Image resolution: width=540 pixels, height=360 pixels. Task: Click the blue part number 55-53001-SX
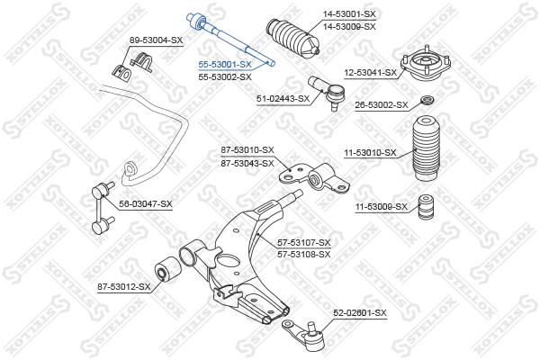point(225,65)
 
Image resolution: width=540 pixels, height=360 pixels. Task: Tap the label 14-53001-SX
point(349,14)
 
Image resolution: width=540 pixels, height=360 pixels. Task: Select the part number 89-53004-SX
point(156,40)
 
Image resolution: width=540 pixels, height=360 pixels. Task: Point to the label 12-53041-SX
point(371,73)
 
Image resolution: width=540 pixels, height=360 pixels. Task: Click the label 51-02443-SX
point(283,99)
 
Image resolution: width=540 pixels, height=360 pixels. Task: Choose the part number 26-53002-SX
point(382,104)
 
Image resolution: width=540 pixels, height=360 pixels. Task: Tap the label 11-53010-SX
point(371,153)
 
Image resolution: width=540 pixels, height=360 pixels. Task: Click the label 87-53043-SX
point(247,163)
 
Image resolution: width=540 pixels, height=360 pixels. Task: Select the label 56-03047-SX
point(146,204)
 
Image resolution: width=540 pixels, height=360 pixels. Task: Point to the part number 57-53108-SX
point(304,255)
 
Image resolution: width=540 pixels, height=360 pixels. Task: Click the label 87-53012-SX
point(124,286)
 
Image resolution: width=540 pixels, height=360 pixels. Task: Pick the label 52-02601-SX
point(360,313)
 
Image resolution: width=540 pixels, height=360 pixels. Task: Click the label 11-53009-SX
point(382,207)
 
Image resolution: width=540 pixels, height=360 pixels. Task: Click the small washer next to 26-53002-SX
point(427,100)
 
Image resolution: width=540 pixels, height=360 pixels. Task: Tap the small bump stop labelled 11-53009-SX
point(426,207)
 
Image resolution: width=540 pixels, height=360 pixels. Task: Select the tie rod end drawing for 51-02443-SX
point(328,93)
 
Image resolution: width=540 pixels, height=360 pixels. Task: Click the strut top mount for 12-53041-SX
point(426,64)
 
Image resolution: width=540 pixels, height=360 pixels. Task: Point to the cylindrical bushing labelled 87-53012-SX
point(167,269)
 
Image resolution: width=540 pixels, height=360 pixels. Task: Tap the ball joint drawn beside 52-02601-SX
point(304,335)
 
